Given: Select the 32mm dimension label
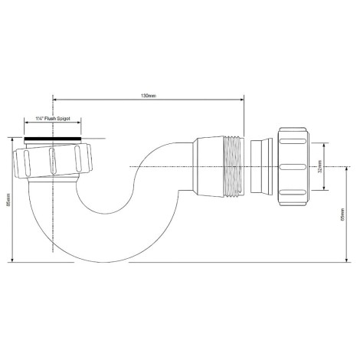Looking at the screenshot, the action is (x=320, y=167).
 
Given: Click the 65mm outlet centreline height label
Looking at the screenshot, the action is (x=342, y=214).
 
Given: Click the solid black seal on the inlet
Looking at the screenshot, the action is (x=53, y=139).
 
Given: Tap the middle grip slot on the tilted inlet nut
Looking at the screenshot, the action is (x=51, y=161).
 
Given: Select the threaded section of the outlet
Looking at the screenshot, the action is (x=234, y=167).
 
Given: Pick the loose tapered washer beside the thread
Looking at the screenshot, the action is (x=261, y=166).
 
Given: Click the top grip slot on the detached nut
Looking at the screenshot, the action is (x=293, y=141).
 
